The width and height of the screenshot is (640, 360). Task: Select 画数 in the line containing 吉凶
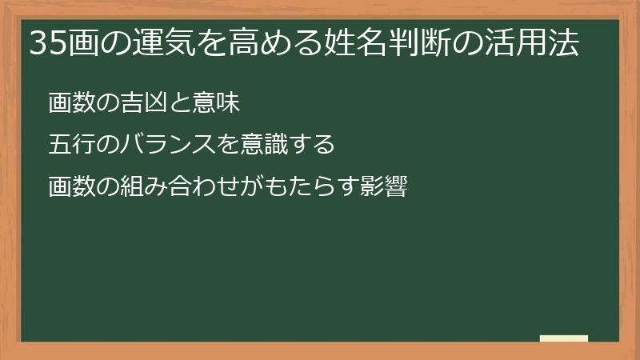coord(70,103)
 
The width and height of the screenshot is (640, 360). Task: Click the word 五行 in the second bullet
coord(70,146)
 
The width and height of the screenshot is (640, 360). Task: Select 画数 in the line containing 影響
coord(70,188)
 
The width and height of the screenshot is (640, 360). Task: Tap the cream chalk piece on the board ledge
coord(563,338)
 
